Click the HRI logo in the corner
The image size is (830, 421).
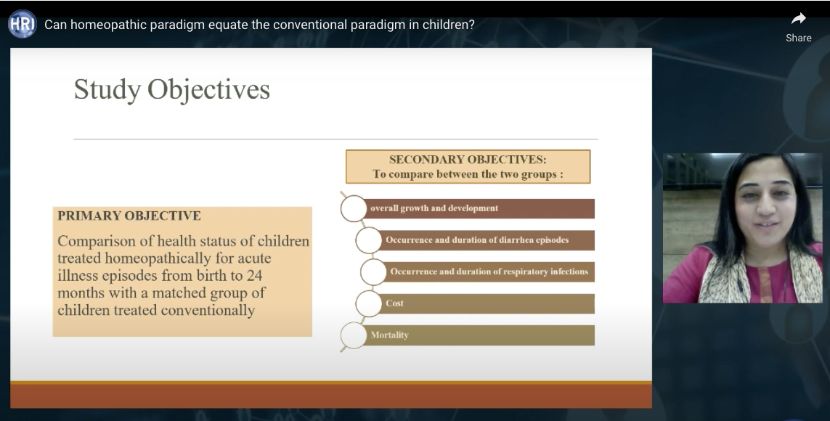23,25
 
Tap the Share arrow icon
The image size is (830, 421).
798,19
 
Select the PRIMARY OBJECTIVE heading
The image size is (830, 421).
129,216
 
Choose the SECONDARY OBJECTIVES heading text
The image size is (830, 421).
468,159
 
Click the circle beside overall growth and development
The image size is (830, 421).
354,208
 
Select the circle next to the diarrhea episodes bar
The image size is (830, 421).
368,240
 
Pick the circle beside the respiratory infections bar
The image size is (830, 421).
374,272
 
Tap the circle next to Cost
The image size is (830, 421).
368,303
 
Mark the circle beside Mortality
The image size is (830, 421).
354,335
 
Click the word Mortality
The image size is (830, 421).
390,335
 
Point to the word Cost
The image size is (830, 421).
394,303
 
